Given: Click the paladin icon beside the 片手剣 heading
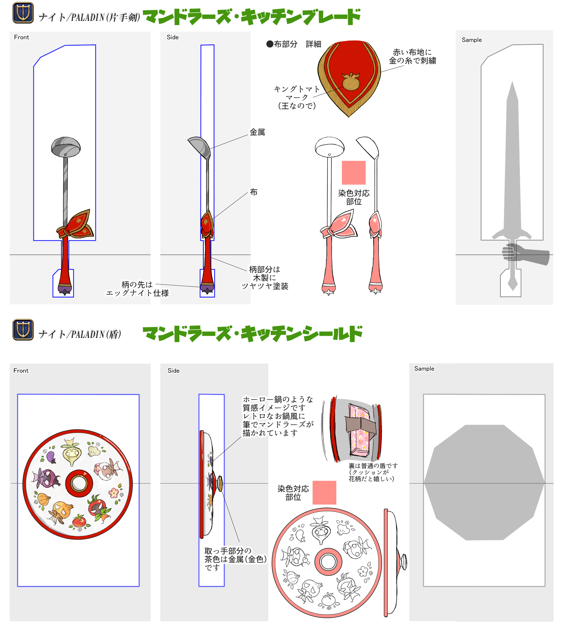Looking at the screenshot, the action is (23, 13).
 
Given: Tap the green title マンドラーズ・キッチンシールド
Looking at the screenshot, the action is (252, 334).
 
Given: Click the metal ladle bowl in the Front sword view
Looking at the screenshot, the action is (66, 147).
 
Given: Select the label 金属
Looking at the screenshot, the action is (257, 132).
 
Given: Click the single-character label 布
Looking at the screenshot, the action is (254, 192).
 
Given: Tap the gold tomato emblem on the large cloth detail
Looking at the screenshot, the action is (351, 82).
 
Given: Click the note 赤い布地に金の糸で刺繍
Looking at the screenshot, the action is (412, 56).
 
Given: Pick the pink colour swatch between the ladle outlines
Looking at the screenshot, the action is (354, 173).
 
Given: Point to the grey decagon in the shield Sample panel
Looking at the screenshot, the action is (484, 482).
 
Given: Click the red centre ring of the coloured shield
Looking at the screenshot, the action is (79, 483).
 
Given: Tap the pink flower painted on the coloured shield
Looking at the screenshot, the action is (113, 493).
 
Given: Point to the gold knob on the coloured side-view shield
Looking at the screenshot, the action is (220, 483).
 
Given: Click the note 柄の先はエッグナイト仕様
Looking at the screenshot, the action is (137, 289).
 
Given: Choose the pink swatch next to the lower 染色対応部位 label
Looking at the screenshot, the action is (324, 493).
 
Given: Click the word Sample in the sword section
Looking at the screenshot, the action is (472, 40).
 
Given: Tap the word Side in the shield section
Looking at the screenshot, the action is (174, 371).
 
